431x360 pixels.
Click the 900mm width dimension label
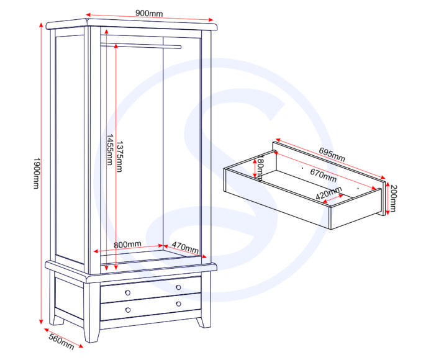(149, 13)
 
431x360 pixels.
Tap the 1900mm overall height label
(37, 173)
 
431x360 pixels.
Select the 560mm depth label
(61, 341)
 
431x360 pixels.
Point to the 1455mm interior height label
(110, 150)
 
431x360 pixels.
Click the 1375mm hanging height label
(120, 156)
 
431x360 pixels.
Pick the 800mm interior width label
(127, 244)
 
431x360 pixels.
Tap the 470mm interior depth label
(185, 248)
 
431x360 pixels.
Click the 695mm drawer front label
(332, 155)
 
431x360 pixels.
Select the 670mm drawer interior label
(323, 175)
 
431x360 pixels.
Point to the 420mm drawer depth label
(329, 192)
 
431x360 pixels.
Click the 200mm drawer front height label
(393, 199)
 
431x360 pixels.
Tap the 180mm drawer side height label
(260, 168)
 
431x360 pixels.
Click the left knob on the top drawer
(127, 293)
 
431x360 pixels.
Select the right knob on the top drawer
(178, 287)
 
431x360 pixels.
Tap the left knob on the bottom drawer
(128, 310)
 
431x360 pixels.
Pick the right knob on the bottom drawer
(178, 304)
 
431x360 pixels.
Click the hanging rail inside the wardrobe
(141, 45)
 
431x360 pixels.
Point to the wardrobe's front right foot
(91, 335)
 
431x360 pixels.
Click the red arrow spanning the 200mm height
(388, 198)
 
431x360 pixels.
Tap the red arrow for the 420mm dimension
(333, 199)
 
